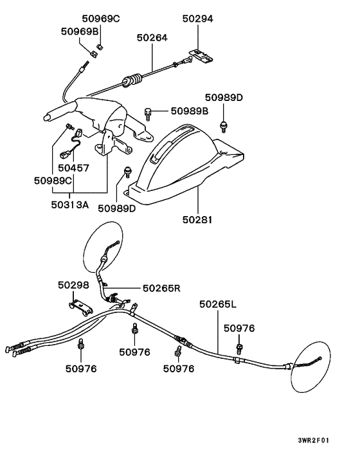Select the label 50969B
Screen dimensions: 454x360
point(80,31)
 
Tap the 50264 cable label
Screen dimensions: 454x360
point(152,38)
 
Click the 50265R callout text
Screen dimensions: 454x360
point(161,289)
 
